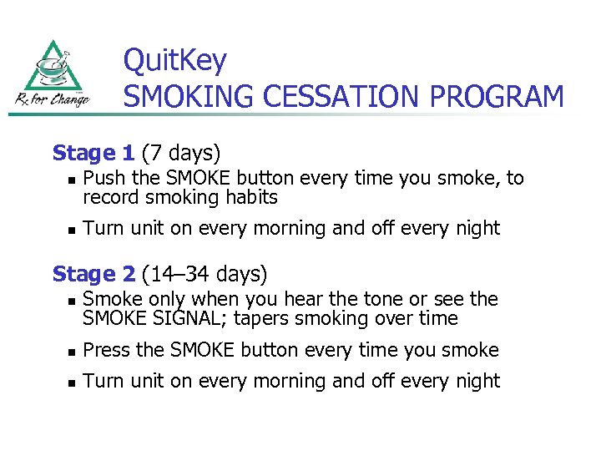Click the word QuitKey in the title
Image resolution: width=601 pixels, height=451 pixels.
(x=174, y=61)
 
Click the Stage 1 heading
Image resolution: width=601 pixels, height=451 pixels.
(x=93, y=154)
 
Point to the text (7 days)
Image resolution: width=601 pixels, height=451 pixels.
(x=181, y=154)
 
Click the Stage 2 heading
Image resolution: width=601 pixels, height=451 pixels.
(x=93, y=274)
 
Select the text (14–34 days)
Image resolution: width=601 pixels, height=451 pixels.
(x=205, y=274)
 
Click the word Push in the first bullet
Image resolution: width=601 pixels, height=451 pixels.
(x=101, y=178)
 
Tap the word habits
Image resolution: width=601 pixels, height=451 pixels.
(x=251, y=198)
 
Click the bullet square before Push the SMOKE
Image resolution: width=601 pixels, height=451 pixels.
(x=71, y=180)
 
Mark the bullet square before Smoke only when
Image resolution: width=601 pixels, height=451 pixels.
(x=71, y=301)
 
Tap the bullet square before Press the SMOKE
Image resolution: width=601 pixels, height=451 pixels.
(x=71, y=352)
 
